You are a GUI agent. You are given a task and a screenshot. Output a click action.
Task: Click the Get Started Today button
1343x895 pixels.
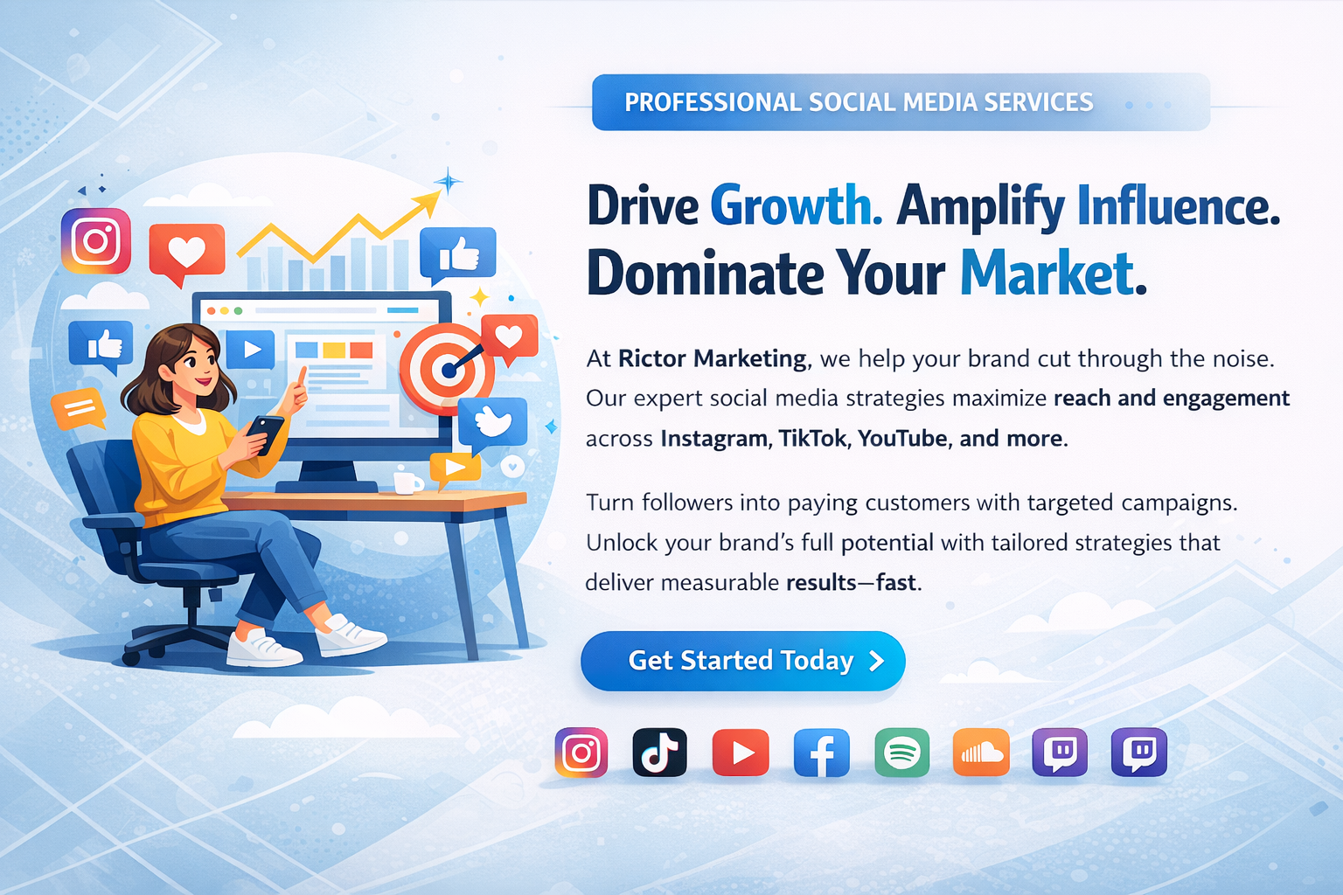pyautogui.click(x=743, y=661)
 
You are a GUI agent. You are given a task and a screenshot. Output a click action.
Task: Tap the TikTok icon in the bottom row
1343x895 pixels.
pyautogui.click(x=659, y=753)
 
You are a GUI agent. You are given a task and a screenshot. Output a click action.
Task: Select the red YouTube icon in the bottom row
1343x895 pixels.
pyautogui.click(x=741, y=753)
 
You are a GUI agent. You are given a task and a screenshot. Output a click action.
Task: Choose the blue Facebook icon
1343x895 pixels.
pyautogui.click(x=821, y=753)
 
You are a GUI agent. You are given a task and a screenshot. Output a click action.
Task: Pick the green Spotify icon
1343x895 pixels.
pyautogui.click(x=901, y=753)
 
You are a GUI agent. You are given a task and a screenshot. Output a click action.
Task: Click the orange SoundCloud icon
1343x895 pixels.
pyautogui.click(x=982, y=753)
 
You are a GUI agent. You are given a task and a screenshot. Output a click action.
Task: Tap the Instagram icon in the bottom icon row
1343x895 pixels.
pyautogui.click(x=581, y=753)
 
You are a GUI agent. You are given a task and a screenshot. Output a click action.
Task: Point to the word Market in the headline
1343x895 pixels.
pyautogui.click(x=1053, y=274)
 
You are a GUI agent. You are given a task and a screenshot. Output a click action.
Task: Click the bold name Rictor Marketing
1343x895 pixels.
pyautogui.click(x=712, y=358)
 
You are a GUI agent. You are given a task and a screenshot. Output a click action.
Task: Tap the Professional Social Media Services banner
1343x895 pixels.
pyautogui.click(x=901, y=102)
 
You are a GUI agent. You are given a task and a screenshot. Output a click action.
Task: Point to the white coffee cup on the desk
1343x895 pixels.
pyautogui.click(x=408, y=482)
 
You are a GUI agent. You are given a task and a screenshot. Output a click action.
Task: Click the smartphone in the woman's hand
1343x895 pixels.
pyautogui.click(x=265, y=434)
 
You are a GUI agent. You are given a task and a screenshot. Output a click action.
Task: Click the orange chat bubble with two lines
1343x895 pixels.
pyautogui.click(x=79, y=408)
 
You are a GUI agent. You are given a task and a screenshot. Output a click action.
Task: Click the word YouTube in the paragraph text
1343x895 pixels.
pyautogui.click(x=903, y=438)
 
